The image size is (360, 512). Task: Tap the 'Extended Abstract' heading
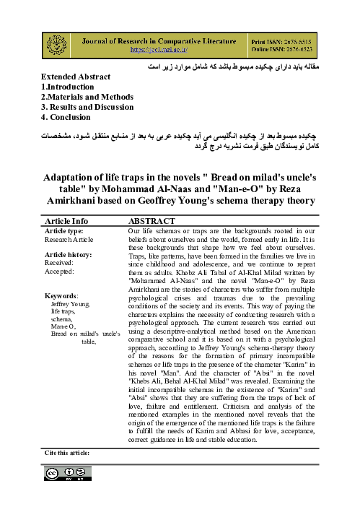76,76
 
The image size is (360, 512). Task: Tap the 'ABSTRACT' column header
152,200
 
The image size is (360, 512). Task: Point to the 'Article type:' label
64,210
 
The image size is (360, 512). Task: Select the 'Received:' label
59,243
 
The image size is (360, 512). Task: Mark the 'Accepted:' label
59,252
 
